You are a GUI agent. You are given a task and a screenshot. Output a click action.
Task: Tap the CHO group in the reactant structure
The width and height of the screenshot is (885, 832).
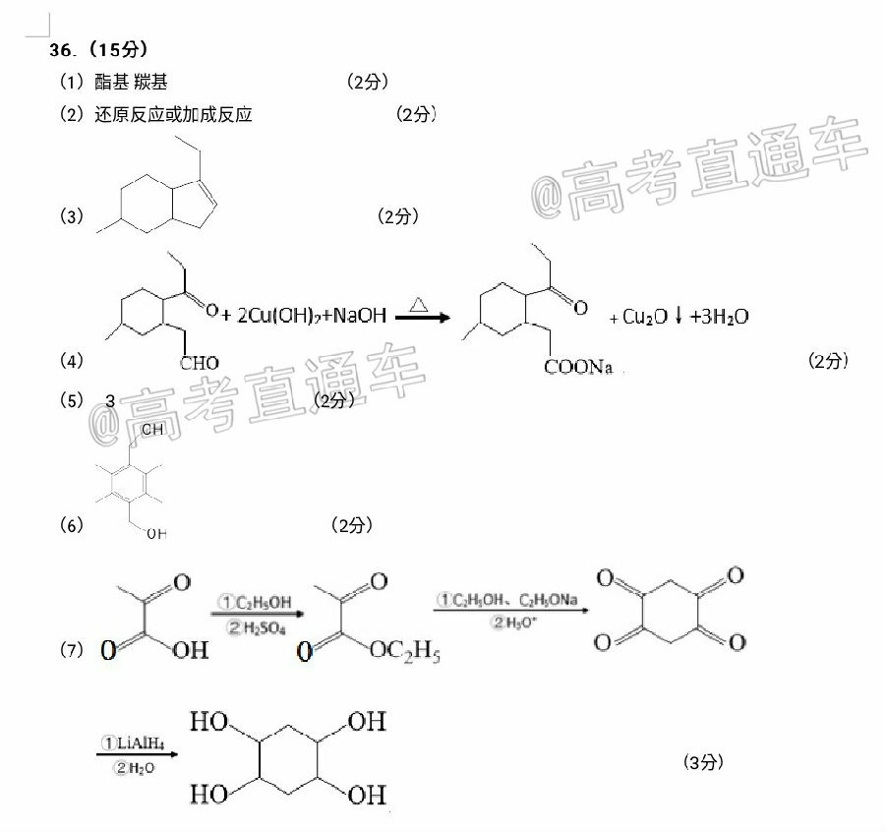(200, 364)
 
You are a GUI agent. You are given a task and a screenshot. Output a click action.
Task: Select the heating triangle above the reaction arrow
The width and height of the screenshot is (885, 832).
(418, 306)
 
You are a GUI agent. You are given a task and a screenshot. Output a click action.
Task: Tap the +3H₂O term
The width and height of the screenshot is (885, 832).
(719, 317)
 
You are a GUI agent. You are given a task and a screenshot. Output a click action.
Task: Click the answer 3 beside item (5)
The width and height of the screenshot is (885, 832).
(110, 400)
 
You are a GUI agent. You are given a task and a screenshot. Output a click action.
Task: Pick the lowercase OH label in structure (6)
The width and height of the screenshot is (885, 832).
(156, 534)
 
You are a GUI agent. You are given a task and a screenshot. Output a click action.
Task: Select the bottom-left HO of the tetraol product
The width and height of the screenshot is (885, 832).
(208, 792)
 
